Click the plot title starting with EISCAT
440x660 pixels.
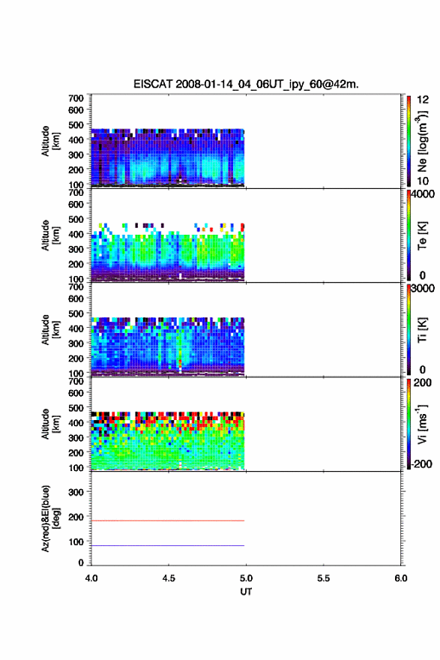click(x=246, y=84)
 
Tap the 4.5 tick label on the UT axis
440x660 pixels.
click(x=169, y=578)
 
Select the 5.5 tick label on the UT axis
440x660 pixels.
click(x=324, y=578)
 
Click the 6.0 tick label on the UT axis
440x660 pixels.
click(x=401, y=578)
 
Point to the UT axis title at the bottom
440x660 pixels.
click(x=246, y=592)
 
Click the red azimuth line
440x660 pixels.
click(x=168, y=520)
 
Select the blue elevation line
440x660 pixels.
click(x=168, y=545)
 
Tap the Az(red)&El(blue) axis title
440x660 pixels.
click(x=50, y=518)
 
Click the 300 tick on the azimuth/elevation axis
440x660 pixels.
click(x=76, y=492)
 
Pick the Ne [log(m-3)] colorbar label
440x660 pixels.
click(x=423, y=142)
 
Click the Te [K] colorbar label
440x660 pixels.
click(x=422, y=235)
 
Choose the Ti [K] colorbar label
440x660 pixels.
click(x=422, y=329)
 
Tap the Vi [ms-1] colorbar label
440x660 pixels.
click(x=423, y=424)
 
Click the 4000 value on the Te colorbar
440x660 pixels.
click(x=423, y=194)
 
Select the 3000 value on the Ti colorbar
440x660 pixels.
click(x=423, y=288)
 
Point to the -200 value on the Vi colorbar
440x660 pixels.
click(x=421, y=463)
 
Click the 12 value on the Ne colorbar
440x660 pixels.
click(x=423, y=99)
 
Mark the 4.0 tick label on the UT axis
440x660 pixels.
click(x=91, y=578)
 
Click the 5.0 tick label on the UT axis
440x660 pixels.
click(x=246, y=578)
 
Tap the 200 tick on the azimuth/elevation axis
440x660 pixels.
click(x=76, y=517)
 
